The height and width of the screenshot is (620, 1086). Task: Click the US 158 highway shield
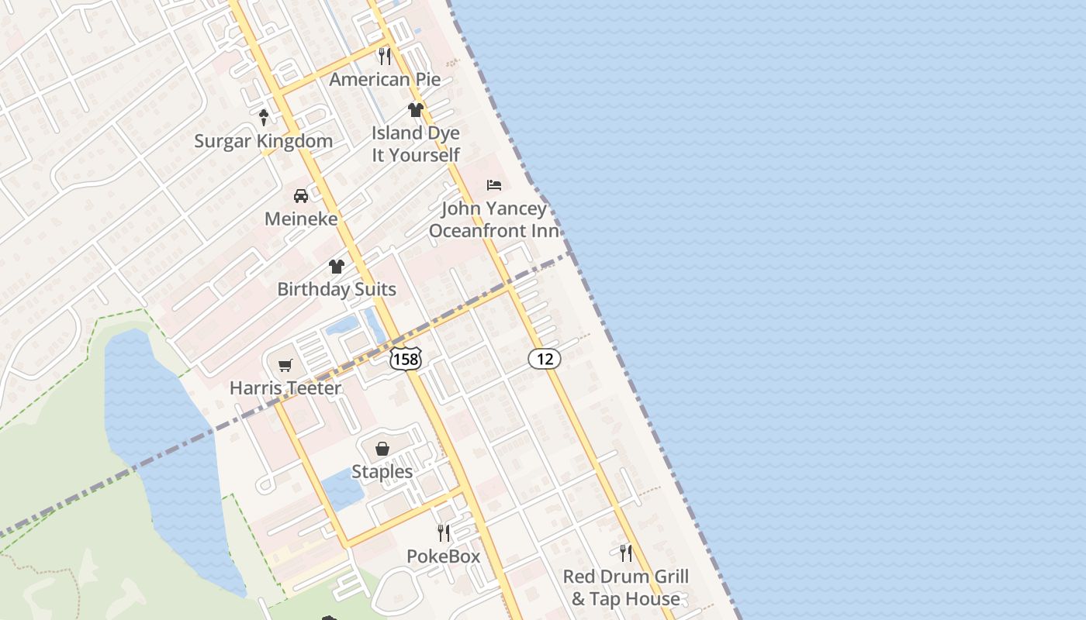click(x=406, y=358)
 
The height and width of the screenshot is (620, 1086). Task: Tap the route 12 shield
click(x=545, y=358)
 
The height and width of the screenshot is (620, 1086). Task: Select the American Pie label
click(x=385, y=79)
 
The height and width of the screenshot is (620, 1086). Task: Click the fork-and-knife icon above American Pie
click(x=384, y=56)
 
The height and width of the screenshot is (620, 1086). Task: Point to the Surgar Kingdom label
click(x=263, y=141)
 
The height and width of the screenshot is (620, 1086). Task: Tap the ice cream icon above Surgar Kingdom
click(x=264, y=117)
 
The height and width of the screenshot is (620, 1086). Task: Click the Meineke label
click(x=301, y=219)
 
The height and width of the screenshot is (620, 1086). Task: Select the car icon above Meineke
click(x=301, y=195)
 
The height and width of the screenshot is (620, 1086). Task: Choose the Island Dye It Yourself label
click(x=416, y=144)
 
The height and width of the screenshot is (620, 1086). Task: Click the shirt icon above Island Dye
click(x=416, y=110)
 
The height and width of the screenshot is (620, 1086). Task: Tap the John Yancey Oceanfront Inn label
click(x=494, y=219)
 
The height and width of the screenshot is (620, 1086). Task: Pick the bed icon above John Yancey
click(x=494, y=185)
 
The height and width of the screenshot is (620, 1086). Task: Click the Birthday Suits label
click(x=337, y=289)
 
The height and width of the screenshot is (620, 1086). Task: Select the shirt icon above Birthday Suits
click(x=337, y=267)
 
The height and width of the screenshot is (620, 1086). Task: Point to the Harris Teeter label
click(x=285, y=387)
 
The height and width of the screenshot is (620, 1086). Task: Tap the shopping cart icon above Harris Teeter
click(x=285, y=365)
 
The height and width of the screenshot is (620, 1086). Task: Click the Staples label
click(x=382, y=471)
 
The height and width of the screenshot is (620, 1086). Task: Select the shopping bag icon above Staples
click(x=382, y=449)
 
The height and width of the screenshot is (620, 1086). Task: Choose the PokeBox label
click(x=444, y=556)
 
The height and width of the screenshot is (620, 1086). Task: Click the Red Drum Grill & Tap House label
click(x=626, y=587)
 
